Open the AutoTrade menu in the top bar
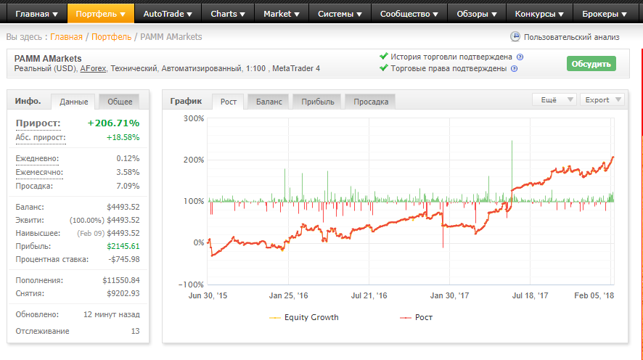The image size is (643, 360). pyautogui.click(x=168, y=14)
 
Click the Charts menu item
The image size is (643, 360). pyautogui.click(x=228, y=14)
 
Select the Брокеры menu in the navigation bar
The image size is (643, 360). pyautogui.click(x=605, y=14)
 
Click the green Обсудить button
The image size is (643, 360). pyautogui.click(x=591, y=64)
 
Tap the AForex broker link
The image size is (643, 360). pyautogui.click(x=93, y=68)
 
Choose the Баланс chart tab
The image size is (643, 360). pyautogui.click(x=269, y=102)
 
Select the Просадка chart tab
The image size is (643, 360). pyautogui.click(x=371, y=102)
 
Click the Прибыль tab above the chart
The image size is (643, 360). pyautogui.click(x=318, y=102)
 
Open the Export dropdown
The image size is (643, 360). pyautogui.click(x=602, y=99)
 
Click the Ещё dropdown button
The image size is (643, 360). pyautogui.click(x=554, y=99)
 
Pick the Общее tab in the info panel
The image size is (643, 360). pyautogui.click(x=120, y=102)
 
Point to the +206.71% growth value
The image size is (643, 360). pyautogui.click(x=114, y=123)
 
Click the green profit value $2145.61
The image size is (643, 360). pyautogui.click(x=123, y=247)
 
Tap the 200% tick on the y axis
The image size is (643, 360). pyautogui.click(x=194, y=160)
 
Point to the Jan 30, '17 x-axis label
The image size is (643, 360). pyautogui.click(x=449, y=295)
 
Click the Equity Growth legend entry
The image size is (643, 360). pyautogui.click(x=304, y=317)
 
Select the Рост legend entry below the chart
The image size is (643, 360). pyautogui.click(x=417, y=317)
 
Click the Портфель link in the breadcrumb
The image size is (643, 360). pyautogui.click(x=112, y=37)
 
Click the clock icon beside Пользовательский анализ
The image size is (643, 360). pyautogui.click(x=515, y=36)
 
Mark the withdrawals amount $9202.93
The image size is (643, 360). pyautogui.click(x=123, y=293)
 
